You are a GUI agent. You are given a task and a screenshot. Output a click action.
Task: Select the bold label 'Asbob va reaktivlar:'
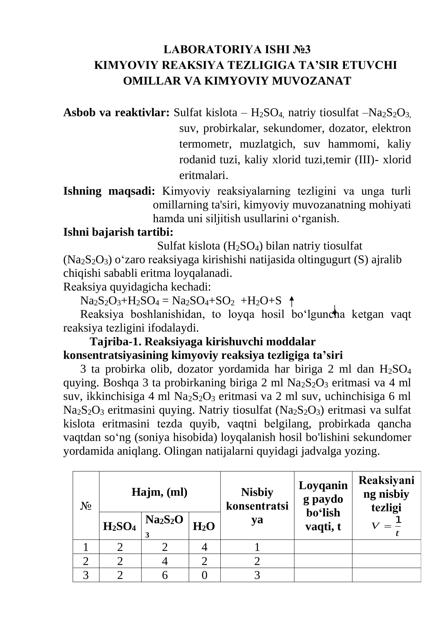tap(116, 113)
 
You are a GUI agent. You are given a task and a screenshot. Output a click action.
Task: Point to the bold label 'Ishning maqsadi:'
tap(109, 191)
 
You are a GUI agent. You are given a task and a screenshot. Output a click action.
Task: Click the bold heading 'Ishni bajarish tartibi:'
tap(118, 232)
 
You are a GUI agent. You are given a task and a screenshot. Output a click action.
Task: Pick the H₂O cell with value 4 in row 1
tap(204, 547)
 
